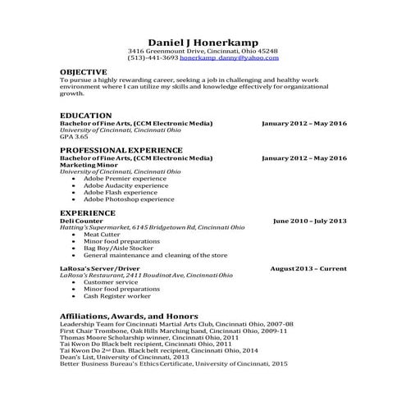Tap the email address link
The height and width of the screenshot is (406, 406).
click(241, 58)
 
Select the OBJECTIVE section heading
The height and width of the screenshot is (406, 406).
click(84, 72)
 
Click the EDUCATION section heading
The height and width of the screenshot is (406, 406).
click(86, 116)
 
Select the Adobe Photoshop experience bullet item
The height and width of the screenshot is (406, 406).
click(129, 198)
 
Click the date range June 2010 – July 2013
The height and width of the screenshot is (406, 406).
click(309, 221)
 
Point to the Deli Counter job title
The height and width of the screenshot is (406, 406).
click(82, 221)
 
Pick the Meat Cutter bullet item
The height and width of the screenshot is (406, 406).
click(103, 235)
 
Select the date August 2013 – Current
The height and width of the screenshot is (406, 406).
click(308, 269)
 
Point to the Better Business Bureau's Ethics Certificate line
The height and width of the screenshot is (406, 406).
click(174, 363)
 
